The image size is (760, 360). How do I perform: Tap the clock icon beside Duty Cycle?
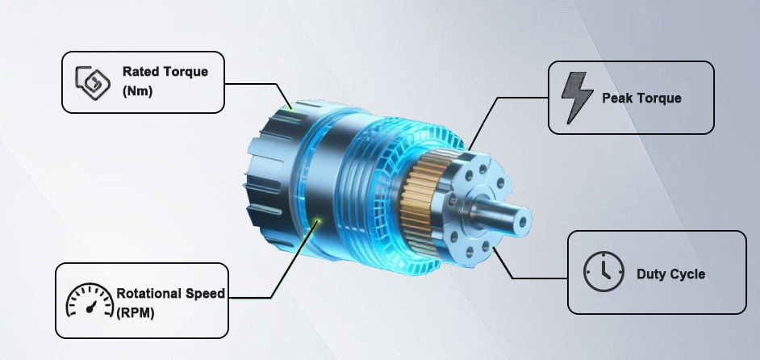[603, 272]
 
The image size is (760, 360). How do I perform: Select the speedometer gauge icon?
[89, 301]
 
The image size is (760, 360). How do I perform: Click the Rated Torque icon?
[91, 82]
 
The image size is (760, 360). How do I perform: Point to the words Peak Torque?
[641, 98]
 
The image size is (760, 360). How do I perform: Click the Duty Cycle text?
[670, 274]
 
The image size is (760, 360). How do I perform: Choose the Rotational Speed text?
[171, 294]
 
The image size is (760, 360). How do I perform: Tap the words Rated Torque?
[165, 72]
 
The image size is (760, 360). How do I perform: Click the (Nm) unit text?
[137, 91]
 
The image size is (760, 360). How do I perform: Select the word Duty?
[650, 274]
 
